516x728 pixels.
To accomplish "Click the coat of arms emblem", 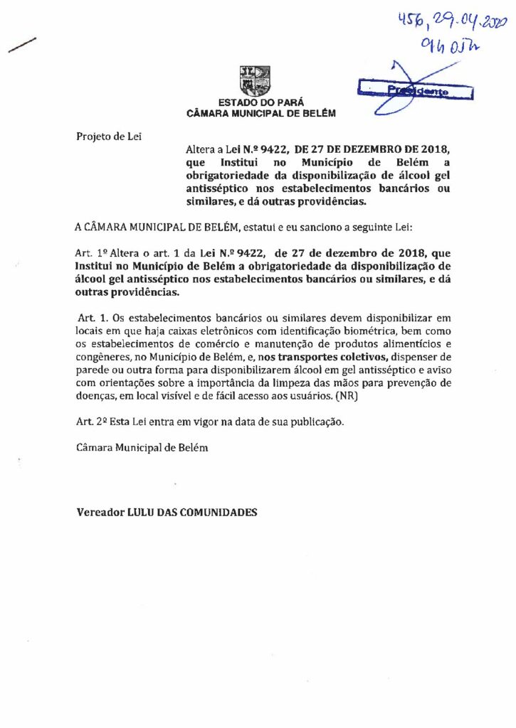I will click(255, 80).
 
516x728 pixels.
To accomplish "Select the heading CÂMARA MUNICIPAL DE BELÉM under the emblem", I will click(260, 114).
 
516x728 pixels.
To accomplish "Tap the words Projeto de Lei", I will click(109, 136).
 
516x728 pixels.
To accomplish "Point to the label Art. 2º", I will click(90, 422).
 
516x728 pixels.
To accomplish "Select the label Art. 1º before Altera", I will click(90, 253).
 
